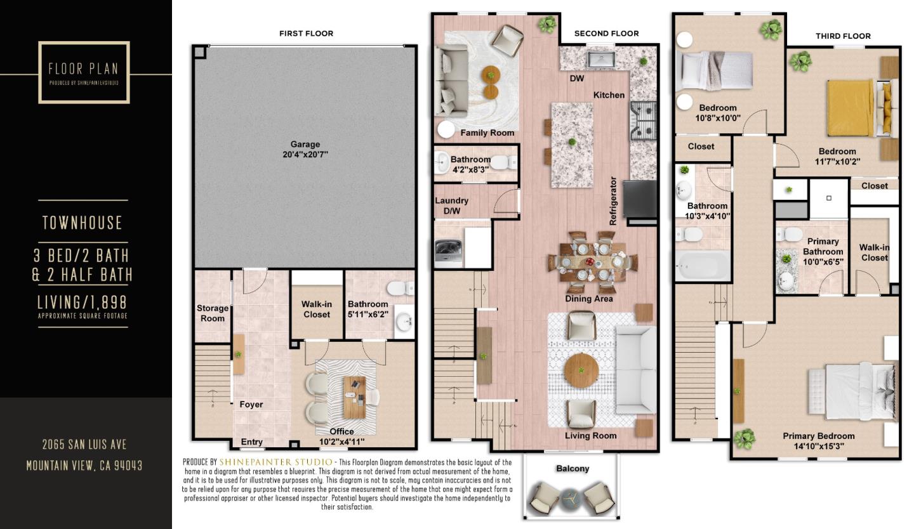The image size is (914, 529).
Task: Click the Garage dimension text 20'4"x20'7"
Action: (305, 155)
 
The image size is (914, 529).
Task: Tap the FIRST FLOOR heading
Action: (306, 34)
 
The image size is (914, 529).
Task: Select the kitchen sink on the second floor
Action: (601, 60)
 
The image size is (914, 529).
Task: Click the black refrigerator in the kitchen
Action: (640, 199)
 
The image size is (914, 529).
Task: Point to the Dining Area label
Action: (589, 299)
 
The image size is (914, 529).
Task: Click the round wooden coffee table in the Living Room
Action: (581, 370)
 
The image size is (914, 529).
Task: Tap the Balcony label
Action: (573, 469)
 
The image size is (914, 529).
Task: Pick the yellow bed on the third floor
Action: (851, 108)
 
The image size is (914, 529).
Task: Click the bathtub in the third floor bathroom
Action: (703, 266)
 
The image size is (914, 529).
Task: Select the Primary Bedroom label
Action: (819, 436)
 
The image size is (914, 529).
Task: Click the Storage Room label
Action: (213, 313)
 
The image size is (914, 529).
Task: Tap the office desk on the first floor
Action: (355, 397)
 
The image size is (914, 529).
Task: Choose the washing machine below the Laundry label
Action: (448, 253)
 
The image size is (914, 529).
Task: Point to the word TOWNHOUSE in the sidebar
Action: (83, 223)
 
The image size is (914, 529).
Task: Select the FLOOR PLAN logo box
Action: (84, 72)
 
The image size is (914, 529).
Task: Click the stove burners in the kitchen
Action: (644, 121)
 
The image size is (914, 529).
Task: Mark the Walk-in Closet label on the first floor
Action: (317, 309)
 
